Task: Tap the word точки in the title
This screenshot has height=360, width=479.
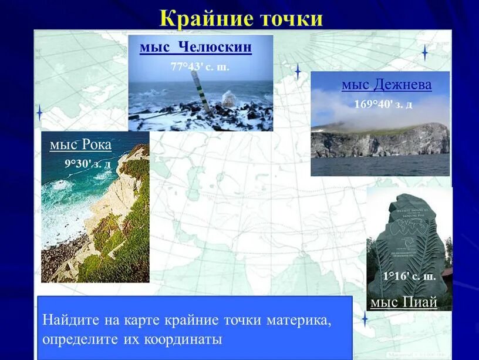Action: click(x=289, y=18)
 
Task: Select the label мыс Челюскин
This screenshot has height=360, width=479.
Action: click(x=195, y=47)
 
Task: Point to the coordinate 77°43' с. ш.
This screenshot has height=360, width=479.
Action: click(x=200, y=66)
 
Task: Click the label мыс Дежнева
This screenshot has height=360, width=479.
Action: click(x=386, y=85)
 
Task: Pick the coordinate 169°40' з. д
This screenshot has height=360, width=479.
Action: click(x=383, y=105)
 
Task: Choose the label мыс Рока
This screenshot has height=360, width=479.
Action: click(x=80, y=144)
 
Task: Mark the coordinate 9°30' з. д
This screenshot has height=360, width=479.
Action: click(x=87, y=163)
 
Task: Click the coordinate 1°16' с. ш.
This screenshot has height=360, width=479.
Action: click(x=409, y=276)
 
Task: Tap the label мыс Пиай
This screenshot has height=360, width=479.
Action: click(x=404, y=302)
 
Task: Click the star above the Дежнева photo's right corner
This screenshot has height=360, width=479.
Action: click(x=424, y=53)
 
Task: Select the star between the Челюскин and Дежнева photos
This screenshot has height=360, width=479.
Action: click(x=298, y=72)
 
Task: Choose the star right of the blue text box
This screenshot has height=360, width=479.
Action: click(x=365, y=319)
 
